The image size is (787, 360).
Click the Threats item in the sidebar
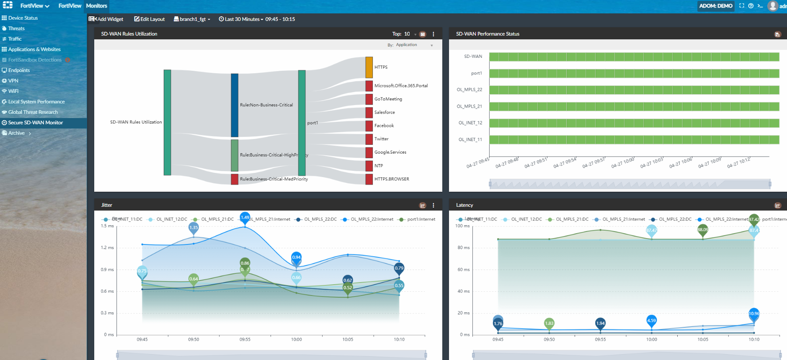[16, 28]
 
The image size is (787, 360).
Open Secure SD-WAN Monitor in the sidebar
[35, 123]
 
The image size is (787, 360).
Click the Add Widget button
[106, 19]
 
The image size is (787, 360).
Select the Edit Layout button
[150, 19]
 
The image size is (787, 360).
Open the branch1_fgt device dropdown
[192, 19]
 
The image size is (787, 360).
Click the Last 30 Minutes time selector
[241, 19]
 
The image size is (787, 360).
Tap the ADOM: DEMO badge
[715, 6]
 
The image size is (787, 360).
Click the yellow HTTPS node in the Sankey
[369, 67]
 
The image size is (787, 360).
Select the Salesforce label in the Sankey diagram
[384, 112]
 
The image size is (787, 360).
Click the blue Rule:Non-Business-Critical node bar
[235, 105]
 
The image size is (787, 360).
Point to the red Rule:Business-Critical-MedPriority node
[235, 179]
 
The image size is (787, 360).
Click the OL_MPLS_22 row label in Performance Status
[469, 90]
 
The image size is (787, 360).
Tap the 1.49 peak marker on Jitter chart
[245, 218]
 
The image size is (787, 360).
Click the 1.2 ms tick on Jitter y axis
[107, 247]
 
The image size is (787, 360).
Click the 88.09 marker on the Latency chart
[702, 230]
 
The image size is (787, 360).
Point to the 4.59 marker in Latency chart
[651, 321]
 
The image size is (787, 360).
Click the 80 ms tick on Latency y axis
[463, 247]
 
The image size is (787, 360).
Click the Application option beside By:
[406, 45]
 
